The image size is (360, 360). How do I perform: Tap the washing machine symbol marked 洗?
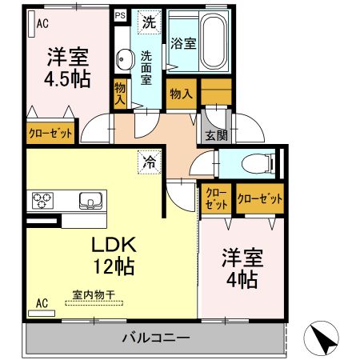click(148, 22)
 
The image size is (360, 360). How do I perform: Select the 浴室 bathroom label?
click(182, 43)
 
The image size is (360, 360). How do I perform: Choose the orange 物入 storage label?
click(181, 94)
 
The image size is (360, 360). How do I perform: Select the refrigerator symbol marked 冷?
click(149, 160)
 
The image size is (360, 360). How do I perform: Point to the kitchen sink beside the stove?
click(89, 201)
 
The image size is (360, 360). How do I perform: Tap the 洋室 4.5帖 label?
click(67, 68)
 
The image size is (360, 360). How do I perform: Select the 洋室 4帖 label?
click(240, 270)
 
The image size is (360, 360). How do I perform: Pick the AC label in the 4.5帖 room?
click(42, 23)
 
